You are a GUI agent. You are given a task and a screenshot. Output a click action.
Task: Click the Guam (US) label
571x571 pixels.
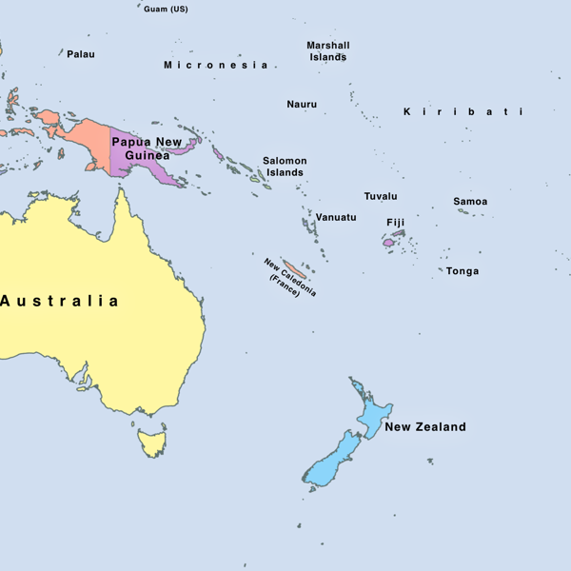tap(166, 9)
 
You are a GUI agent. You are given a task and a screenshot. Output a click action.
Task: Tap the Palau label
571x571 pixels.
tap(81, 54)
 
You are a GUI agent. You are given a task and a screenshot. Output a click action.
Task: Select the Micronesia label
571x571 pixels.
tap(215, 65)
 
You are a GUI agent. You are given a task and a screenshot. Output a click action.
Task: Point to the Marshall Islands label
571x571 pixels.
tap(328, 50)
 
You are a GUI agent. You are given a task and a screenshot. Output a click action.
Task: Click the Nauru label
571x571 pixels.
tap(302, 104)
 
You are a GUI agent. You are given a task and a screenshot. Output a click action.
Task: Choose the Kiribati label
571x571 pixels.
tap(463, 111)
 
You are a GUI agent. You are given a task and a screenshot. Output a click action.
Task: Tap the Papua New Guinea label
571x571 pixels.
tap(147, 148)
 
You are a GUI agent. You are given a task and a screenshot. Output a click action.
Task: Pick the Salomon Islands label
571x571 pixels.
tap(285, 167)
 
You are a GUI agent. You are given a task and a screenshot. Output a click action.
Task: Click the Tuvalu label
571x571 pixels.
tap(381, 196)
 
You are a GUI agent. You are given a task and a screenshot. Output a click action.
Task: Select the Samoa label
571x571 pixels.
tap(470, 201)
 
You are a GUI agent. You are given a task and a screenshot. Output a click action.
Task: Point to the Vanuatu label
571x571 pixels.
tap(336, 217)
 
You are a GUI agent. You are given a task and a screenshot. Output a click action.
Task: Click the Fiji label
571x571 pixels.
tap(396, 223)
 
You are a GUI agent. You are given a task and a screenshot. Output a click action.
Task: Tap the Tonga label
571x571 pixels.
tap(463, 271)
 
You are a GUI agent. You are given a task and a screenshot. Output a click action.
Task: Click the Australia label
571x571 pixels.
tap(60, 301)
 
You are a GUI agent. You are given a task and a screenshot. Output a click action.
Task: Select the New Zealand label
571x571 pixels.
tap(425, 426)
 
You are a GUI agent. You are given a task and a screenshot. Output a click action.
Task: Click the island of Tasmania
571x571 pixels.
tap(151, 443)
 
